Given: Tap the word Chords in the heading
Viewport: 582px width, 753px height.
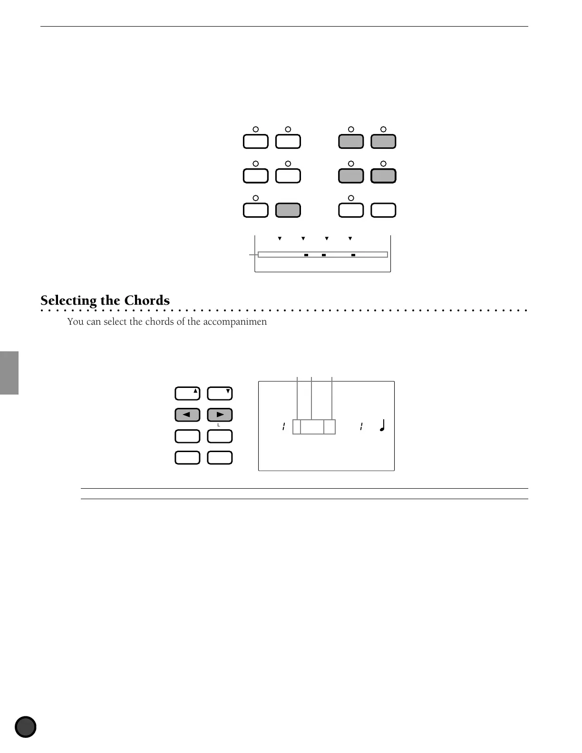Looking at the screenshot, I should coord(146,300).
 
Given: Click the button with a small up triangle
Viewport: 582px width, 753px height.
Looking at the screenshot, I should coord(187,394).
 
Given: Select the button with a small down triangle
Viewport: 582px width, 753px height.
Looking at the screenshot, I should coord(220,394).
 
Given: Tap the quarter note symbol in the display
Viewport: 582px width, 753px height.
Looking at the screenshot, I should coord(382,425).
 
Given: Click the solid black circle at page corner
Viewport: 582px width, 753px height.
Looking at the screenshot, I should coord(26,727).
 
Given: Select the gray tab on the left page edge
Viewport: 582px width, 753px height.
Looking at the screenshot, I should coord(9,373).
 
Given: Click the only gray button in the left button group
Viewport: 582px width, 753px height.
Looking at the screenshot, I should coord(288,210).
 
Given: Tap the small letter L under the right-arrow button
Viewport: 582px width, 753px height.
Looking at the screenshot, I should coord(218,425).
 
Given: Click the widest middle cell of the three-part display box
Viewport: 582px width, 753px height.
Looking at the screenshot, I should coord(312,427).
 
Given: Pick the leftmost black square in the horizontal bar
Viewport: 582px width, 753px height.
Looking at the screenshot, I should coord(306,255).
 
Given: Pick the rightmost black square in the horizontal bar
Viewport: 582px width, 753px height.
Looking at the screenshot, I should coord(353,255).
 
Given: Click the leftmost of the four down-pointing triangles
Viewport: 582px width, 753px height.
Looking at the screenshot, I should coord(280,238).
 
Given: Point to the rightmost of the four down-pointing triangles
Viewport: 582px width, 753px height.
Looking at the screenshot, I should coord(350,238).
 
